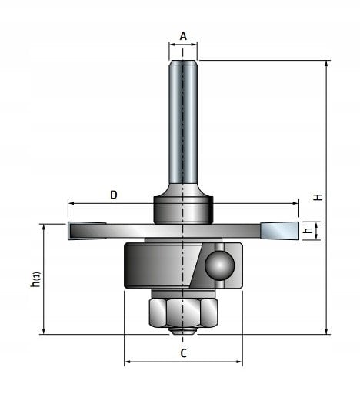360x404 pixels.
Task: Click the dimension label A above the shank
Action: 183,35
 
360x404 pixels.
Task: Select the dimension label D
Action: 113,195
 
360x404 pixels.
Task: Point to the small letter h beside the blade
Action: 306,230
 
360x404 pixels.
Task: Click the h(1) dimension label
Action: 35,279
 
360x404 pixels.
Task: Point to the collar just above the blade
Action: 182,209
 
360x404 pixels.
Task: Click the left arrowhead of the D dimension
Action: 71,204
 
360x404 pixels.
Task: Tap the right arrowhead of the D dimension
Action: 295,204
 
